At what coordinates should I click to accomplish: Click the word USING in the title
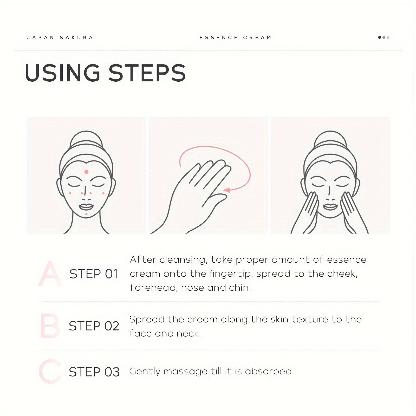pos(63,73)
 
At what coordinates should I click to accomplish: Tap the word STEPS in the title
pos(147,73)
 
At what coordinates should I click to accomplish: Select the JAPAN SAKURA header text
pos(60,37)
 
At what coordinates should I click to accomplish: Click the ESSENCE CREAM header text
pos(236,37)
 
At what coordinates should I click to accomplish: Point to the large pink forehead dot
pos(86,172)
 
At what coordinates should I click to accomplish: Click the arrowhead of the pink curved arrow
pos(227,190)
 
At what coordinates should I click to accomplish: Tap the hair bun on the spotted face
pos(86,138)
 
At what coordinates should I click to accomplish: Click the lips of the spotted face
pos(86,207)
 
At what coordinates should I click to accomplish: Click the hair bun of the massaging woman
pos(330,138)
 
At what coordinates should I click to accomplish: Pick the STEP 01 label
pos(94,274)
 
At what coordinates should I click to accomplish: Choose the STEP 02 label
pos(94,326)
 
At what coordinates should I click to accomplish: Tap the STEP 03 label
pos(94,372)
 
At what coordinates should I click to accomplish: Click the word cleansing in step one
pos(183,260)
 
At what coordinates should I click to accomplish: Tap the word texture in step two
pos(309,319)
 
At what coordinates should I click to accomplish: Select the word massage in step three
pos(185,372)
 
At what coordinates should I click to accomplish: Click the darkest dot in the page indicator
pos(380,37)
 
